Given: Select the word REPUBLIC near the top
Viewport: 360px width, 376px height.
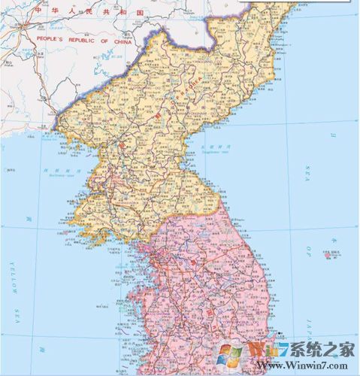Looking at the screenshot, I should point(77,40).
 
